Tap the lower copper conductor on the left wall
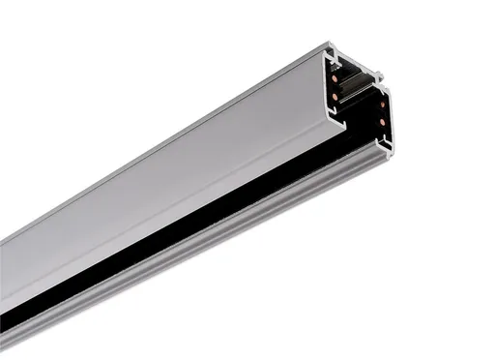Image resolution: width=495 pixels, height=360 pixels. point(335,97)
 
